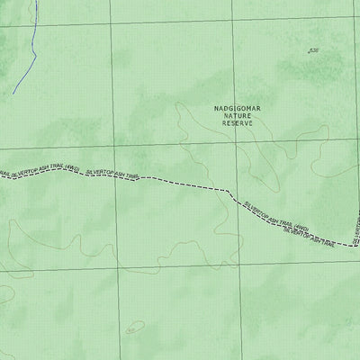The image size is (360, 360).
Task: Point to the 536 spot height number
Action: (x=313, y=51)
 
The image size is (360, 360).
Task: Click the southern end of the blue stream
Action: (x=13, y=93)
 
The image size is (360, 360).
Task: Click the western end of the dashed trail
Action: (x=2, y=175)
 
